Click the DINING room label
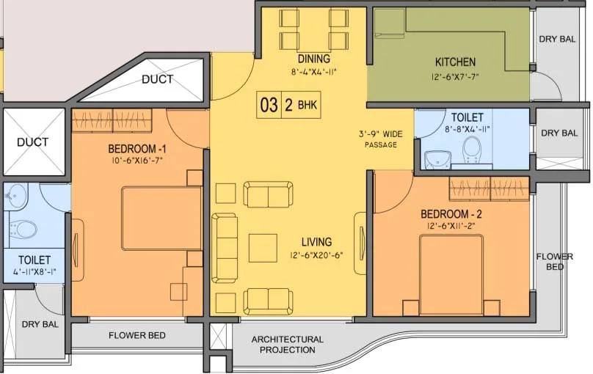point(313,59)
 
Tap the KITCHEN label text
point(455,62)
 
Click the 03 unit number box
point(269,105)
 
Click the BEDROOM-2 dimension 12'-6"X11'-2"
point(451,227)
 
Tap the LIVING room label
point(316,242)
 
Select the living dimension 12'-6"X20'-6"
point(316,256)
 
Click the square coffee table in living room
point(262,247)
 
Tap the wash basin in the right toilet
point(438,157)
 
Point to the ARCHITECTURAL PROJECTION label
point(287,345)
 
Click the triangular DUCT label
point(157,79)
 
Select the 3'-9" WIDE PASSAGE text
point(380,139)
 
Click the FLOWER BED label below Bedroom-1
point(137,335)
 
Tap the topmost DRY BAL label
point(558,40)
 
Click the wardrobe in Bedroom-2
point(488,189)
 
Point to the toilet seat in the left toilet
point(25,230)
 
